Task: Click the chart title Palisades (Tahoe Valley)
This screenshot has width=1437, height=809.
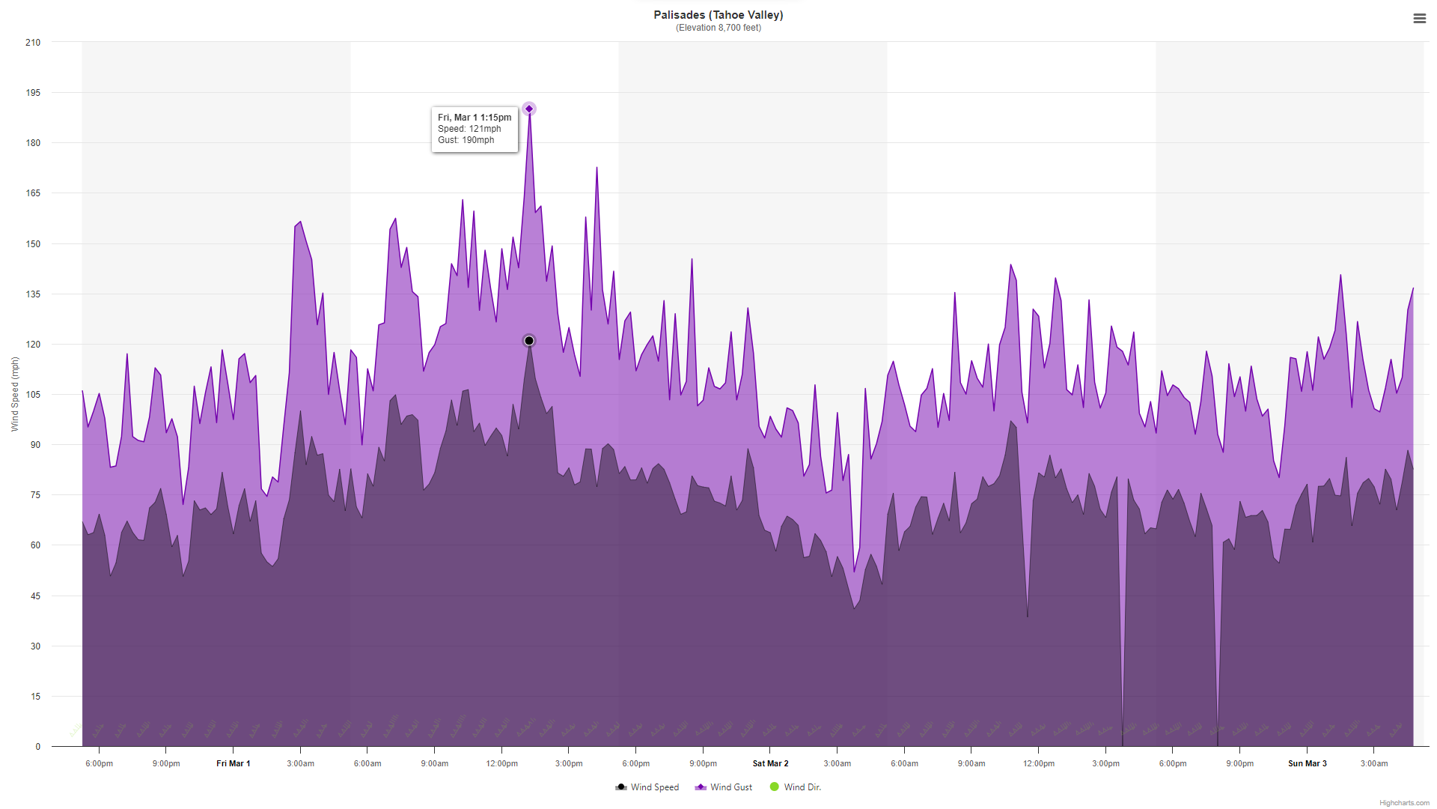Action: click(718, 15)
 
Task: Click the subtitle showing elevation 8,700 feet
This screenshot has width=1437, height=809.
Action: click(718, 28)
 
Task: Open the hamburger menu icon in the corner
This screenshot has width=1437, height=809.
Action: click(1419, 19)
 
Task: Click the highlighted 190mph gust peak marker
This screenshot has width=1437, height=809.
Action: click(529, 109)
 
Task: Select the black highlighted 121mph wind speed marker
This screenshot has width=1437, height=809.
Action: click(529, 341)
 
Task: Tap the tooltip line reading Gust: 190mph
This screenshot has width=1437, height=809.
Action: click(466, 140)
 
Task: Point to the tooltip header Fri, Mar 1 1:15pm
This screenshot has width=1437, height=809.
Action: click(475, 118)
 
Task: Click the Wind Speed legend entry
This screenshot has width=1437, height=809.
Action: click(647, 787)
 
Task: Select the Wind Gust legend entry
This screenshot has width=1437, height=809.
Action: click(724, 787)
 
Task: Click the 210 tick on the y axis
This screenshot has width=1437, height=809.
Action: click(33, 43)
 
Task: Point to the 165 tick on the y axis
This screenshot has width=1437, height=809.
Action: click(33, 193)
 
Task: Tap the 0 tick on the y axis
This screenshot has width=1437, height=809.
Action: click(38, 747)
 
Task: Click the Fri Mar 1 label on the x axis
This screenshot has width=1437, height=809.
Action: click(234, 764)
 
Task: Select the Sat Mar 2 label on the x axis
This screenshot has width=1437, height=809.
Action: click(770, 764)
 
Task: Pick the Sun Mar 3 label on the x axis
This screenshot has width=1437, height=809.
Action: click(1308, 764)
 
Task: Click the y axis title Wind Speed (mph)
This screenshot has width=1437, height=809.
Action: click(15, 394)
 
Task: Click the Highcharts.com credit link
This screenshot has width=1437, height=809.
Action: click(1404, 803)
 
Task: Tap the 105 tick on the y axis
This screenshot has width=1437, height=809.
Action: click(33, 395)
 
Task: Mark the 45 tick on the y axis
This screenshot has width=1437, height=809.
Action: click(35, 596)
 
